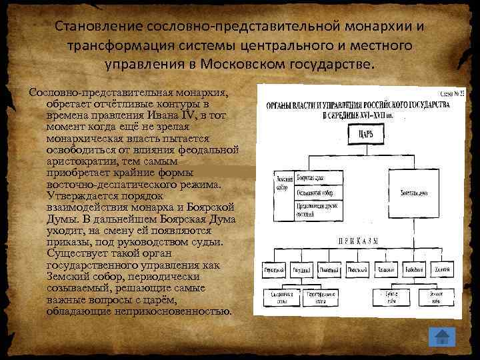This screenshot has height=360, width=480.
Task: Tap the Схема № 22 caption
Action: pos(450,93)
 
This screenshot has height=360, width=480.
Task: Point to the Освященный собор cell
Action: pos(319,193)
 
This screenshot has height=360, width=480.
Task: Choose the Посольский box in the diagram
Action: pos(357,270)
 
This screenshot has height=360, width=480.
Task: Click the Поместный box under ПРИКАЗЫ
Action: pos(329,270)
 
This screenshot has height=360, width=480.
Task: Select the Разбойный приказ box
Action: pos(413,270)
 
